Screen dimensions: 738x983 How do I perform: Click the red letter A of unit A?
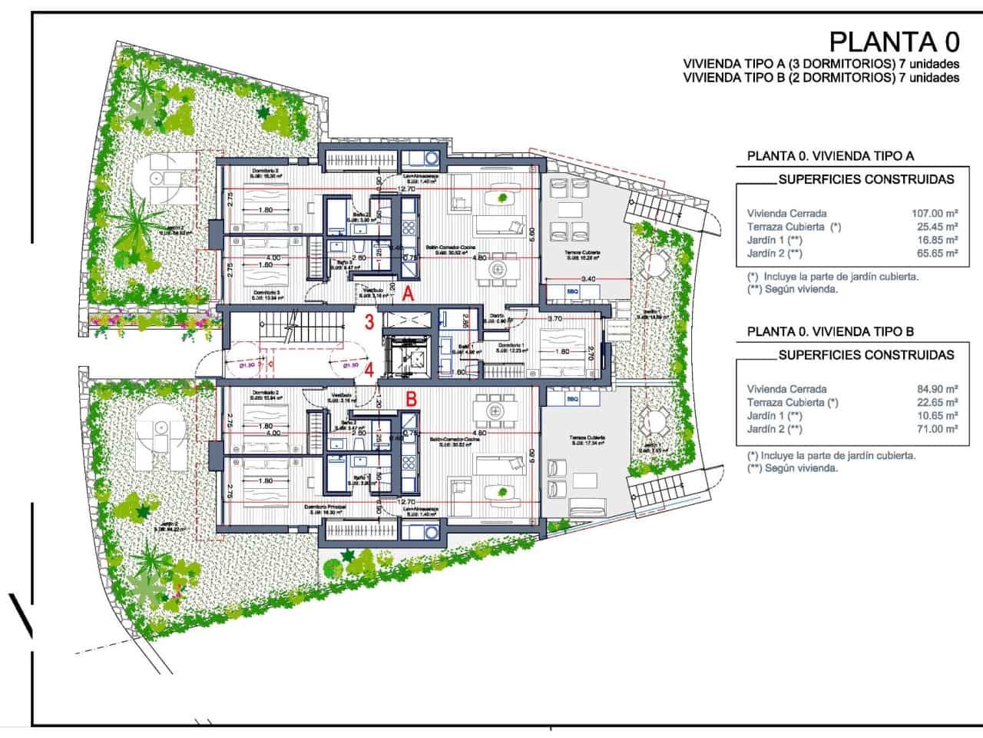tap(409, 293)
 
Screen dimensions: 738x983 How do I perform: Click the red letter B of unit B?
tap(411, 399)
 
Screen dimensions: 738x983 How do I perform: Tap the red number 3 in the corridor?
tap(369, 321)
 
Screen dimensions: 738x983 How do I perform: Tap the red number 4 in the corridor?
tap(369, 368)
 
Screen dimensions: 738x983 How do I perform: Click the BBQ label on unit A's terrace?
tap(571, 291)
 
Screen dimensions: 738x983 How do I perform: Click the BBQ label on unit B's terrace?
tap(571, 400)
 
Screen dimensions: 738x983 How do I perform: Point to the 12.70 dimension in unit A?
tap(405, 188)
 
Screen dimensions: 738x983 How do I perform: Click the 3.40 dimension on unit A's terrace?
tap(589, 278)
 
